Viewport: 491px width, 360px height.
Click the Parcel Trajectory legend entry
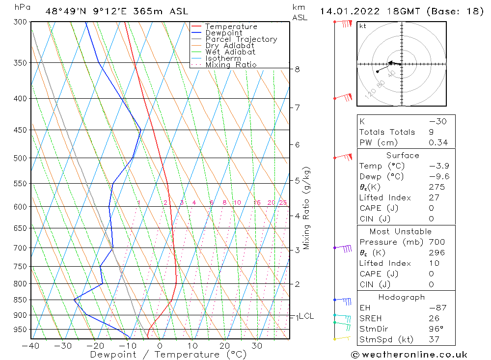click(241, 39)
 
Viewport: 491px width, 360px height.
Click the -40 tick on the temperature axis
click(30, 346)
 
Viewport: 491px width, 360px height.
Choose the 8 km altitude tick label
click(298, 69)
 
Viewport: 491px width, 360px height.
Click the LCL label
click(306, 316)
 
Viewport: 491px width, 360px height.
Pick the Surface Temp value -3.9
click(439, 166)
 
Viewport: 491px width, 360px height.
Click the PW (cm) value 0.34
click(438, 142)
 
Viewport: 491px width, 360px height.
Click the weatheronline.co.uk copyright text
click(409, 355)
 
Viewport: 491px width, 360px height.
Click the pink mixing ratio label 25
click(283, 203)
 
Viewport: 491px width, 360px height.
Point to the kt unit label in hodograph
click(362, 26)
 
